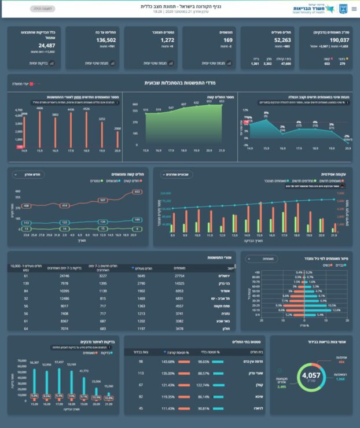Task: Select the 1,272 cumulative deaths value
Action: click(x=167, y=40)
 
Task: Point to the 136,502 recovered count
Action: click(x=105, y=40)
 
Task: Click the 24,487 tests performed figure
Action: click(x=47, y=45)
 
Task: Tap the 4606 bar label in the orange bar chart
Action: click(x=40, y=108)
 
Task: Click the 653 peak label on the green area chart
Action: click(x=221, y=101)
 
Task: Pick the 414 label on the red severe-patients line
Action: click(x=65, y=205)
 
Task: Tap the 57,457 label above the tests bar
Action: click(x=58, y=361)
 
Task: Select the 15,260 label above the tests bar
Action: click(x=109, y=386)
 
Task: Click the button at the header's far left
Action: click(x=40, y=9)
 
